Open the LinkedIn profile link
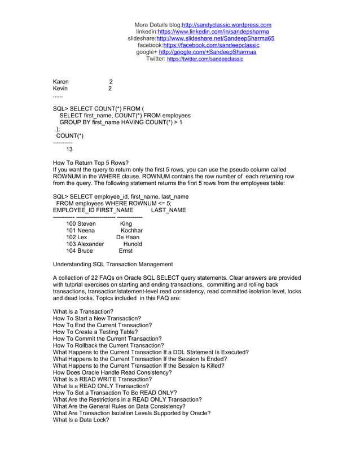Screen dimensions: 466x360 [213, 32]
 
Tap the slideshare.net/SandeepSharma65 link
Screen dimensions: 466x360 [215, 38]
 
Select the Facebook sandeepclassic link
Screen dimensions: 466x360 [211, 45]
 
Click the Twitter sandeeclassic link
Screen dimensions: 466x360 [205, 59]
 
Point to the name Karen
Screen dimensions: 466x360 [61, 82]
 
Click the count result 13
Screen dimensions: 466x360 [69, 150]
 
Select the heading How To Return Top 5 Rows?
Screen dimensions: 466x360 [90, 163]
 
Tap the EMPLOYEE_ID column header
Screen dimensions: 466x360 [71, 210]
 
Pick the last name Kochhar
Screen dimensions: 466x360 [131, 231]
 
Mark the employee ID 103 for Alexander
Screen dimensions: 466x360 [71, 244]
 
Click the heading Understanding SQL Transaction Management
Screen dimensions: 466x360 [113, 265]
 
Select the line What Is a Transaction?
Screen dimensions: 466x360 [83, 312]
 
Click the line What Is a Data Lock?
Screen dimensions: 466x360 [81, 420]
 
